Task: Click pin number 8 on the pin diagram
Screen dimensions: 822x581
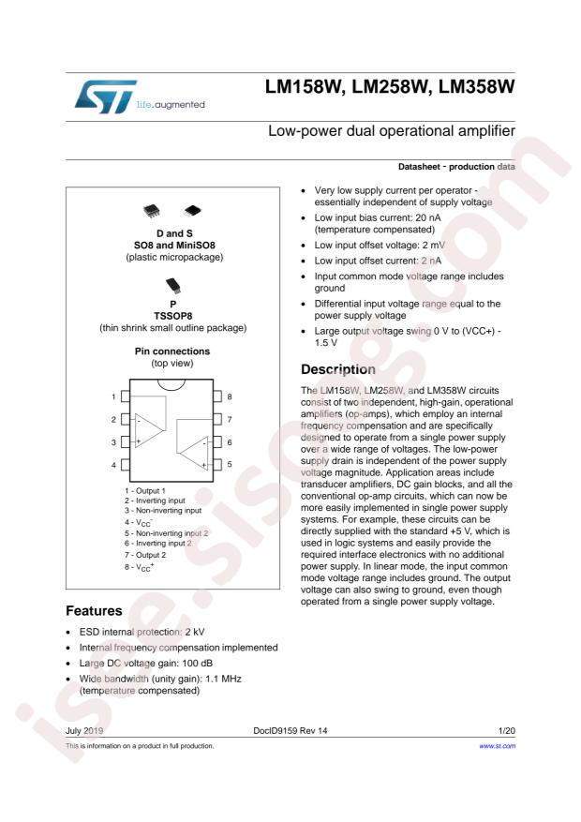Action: [230, 396]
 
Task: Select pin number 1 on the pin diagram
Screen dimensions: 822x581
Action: [113, 396]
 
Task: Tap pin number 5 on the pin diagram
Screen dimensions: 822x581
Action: [230, 464]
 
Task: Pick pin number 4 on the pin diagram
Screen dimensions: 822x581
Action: [113, 464]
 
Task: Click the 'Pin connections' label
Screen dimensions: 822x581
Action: [172, 348]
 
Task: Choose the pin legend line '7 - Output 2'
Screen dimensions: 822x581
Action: [151, 556]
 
